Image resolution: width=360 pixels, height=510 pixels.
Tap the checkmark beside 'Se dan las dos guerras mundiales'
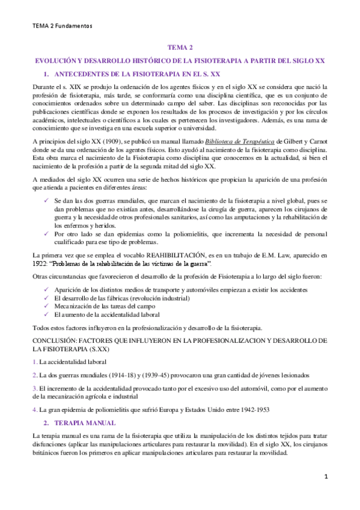(x=47, y=199)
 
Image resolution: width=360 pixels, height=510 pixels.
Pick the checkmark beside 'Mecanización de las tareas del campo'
(x=47, y=305)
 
